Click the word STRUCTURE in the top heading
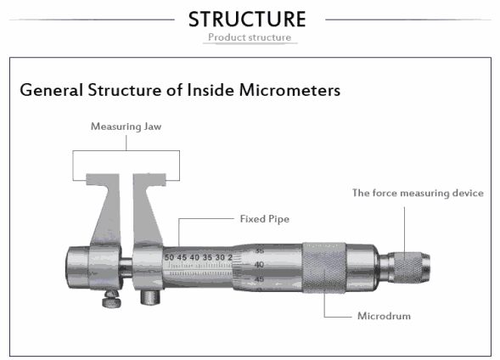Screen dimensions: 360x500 pyautogui.click(x=247, y=18)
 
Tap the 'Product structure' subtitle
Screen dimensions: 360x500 pyautogui.click(x=250, y=37)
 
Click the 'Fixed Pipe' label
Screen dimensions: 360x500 pyautogui.click(x=265, y=218)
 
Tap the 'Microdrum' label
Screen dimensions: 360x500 pyautogui.click(x=384, y=316)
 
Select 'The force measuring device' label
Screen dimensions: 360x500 pyautogui.click(x=418, y=193)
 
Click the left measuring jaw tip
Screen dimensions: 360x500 pyautogui.click(x=99, y=180)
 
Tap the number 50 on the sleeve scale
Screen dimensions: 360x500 pyautogui.click(x=170, y=256)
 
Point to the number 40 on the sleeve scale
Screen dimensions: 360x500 pyautogui.click(x=195, y=256)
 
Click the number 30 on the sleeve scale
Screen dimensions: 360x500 pyautogui.click(x=220, y=256)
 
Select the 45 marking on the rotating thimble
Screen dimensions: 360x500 pyautogui.click(x=259, y=278)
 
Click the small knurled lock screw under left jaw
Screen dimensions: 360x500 pyautogui.click(x=110, y=300)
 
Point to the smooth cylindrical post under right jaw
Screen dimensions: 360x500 pyautogui.click(x=150, y=296)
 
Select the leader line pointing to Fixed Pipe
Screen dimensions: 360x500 pyautogui.click(x=209, y=219)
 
